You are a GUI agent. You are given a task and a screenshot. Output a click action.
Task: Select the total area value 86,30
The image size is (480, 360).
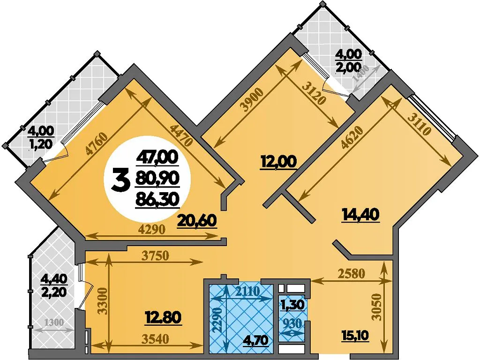(x=157, y=199)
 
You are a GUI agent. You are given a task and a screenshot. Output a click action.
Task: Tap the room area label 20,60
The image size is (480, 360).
(x=197, y=221)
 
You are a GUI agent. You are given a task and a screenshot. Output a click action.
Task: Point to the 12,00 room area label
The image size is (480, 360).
(x=278, y=161)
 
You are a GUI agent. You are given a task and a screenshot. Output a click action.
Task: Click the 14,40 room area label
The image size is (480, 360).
(x=360, y=214)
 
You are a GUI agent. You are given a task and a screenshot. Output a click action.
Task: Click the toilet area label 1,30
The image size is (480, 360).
(x=292, y=305)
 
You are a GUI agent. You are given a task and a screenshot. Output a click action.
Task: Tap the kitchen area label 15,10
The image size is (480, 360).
(x=355, y=336)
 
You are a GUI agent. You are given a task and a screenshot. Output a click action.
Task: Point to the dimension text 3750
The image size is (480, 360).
(x=155, y=255)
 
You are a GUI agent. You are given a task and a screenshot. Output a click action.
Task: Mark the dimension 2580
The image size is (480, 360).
(x=352, y=273)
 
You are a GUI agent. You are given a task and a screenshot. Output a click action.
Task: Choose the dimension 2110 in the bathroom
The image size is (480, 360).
(x=247, y=291)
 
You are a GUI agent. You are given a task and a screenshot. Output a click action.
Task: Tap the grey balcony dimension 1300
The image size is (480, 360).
(x=54, y=322)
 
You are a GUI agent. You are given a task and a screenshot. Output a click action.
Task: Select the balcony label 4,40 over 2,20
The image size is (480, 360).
(x=53, y=285)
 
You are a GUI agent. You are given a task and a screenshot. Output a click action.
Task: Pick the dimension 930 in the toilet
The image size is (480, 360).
(x=292, y=323)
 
